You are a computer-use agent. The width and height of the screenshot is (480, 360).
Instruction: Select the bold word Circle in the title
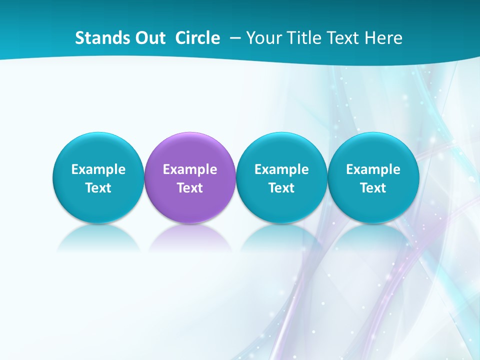click(197, 38)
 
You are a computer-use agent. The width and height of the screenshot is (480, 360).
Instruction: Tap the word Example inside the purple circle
click(190, 169)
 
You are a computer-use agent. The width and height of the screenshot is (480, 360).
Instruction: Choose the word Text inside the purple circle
click(190, 188)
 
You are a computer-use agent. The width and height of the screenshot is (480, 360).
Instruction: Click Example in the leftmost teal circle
click(98, 169)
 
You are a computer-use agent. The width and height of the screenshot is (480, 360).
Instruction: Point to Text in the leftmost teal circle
click(98, 188)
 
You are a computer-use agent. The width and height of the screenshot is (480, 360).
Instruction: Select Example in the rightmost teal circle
click(373, 169)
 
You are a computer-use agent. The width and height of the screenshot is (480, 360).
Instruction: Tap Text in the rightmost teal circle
click(373, 188)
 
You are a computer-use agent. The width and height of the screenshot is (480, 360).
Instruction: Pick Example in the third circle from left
click(281, 169)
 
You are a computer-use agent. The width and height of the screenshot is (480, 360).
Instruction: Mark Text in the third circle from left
click(281, 188)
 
